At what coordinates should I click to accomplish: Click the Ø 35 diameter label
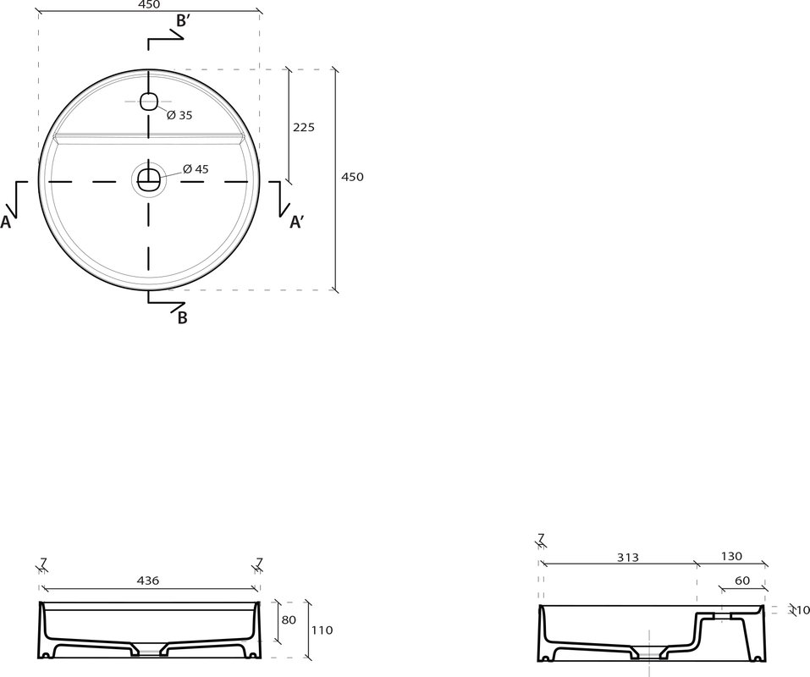(179, 115)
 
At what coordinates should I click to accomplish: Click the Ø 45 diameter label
(196, 169)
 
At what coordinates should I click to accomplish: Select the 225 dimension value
(304, 127)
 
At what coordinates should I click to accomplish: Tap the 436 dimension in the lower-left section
(149, 581)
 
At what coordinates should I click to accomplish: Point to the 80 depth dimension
(289, 619)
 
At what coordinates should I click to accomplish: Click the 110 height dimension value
(322, 630)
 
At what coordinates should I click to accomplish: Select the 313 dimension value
(628, 557)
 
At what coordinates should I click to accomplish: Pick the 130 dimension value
(731, 556)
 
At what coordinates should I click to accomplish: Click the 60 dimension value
(742, 581)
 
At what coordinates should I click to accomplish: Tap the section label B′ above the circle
(184, 20)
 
